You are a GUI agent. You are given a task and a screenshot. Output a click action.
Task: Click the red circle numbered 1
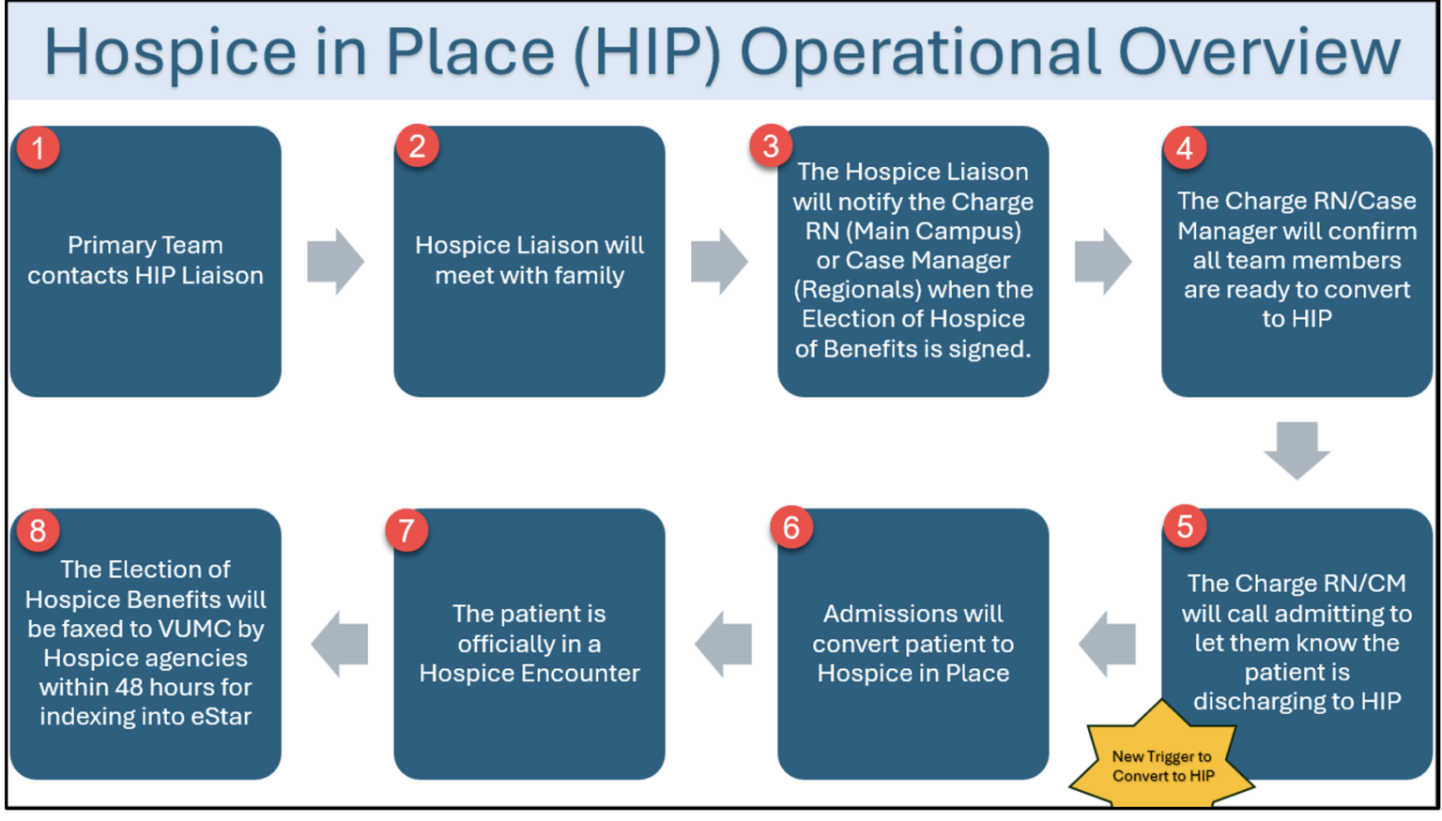pos(38,148)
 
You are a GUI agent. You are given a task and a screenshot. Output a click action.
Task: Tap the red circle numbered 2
pos(418,146)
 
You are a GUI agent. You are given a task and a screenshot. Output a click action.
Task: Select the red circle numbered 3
pos(771,146)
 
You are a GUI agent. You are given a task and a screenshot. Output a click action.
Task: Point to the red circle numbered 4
pos(1185,148)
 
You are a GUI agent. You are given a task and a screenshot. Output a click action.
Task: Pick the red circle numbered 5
pos(1185,526)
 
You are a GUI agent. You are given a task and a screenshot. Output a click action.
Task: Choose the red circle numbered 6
pos(791,527)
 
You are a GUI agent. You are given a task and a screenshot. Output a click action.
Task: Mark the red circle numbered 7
pos(407,530)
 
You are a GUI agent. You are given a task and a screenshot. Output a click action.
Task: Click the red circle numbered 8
pos(38,530)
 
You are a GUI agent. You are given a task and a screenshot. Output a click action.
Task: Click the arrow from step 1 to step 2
pos(335,261)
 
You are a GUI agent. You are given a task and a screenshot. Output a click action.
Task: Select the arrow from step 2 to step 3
pos(719,261)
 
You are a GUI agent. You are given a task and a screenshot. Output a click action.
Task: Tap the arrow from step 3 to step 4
pos(1103,261)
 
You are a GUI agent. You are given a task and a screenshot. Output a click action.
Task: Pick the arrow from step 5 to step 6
pos(1108,644)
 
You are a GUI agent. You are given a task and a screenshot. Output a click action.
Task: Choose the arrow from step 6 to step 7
pos(724,644)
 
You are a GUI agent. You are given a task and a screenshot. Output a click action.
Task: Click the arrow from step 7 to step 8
pos(340,644)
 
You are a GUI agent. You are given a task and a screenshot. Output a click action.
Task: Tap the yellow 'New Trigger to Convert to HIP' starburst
pos(1162,764)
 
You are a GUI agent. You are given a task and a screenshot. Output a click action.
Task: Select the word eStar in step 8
pos(222,717)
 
